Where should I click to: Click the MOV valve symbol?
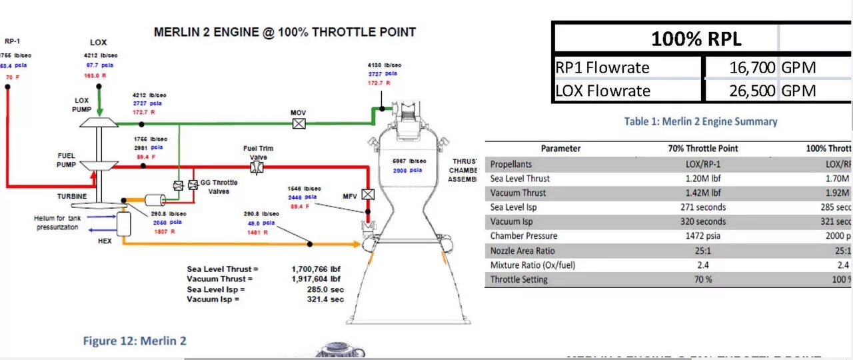pos(299,123)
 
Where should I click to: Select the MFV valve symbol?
pos(367,195)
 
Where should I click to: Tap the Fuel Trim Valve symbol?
pos(257,167)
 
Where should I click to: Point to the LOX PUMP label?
pos(81,105)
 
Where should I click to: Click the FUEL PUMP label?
pos(67,159)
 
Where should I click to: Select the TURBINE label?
pos(71,196)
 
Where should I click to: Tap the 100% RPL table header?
pos(696,39)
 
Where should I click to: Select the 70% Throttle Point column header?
pos(703,149)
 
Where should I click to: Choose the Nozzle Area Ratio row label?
pos(522,251)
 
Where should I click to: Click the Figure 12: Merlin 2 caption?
pos(135,341)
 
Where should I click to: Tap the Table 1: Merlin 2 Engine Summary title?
pos(700,121)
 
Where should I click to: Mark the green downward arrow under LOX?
pos(99,103)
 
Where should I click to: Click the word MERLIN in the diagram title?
pos(176,32)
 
